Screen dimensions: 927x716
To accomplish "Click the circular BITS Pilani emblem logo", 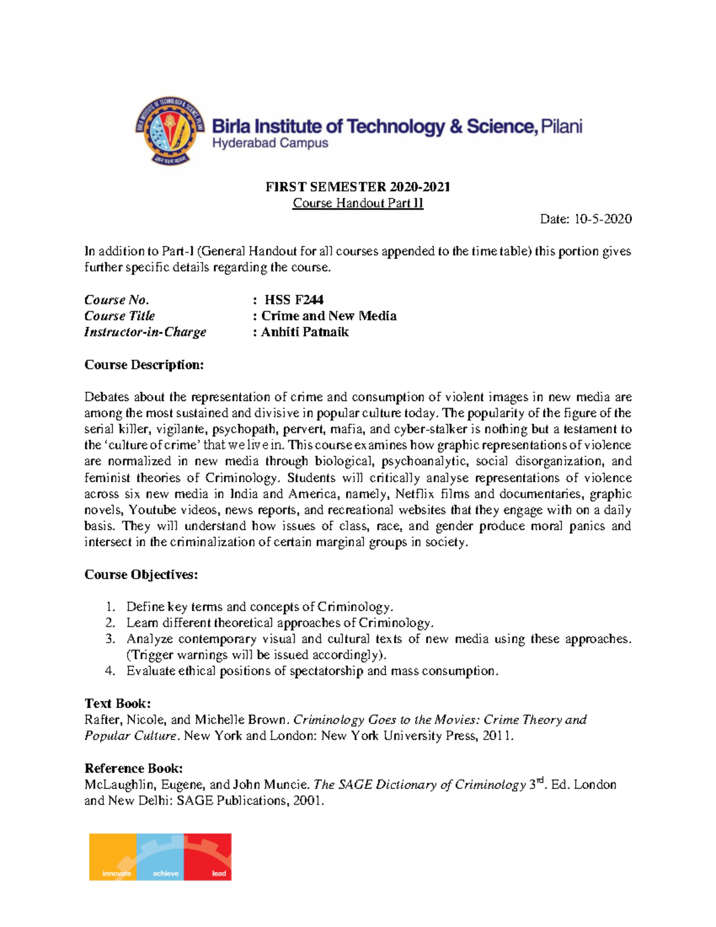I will coord(171,131).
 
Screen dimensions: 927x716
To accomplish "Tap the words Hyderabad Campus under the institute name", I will coord(270,143).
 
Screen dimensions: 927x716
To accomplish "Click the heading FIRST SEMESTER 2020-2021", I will coord(357,187).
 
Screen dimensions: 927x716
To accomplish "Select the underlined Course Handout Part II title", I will coord(357,203).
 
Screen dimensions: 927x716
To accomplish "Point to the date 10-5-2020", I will coord(603,219).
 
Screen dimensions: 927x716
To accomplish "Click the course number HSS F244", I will coord(294,300).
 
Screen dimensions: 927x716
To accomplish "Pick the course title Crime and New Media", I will coord(328,316).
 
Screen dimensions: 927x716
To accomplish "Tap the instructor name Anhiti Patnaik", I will coord(304,332).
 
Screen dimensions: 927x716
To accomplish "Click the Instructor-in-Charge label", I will coord(145,332).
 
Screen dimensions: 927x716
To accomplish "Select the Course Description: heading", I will coord(144,365).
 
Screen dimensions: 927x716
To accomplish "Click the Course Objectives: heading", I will coord(141,574).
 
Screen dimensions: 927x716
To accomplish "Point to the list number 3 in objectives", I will coord(110,639).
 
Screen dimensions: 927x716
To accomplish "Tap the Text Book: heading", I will coord(118,703).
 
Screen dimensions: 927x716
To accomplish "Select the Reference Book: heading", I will coord(134,768).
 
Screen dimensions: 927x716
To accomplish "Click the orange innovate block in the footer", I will coord(113,857).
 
